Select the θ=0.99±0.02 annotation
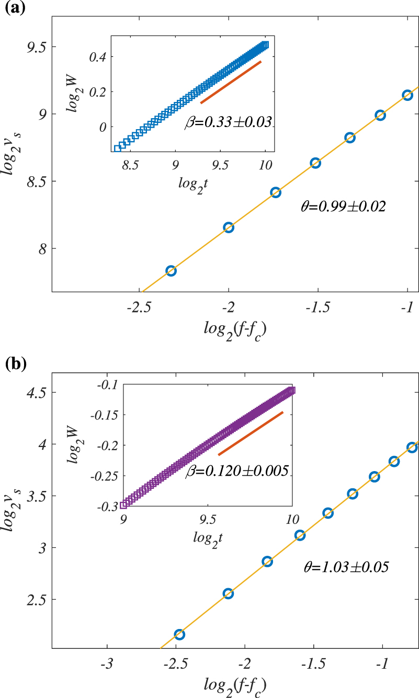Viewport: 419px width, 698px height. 343,207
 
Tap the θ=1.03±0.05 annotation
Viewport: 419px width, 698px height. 346,567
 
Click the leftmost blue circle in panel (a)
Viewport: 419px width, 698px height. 171,271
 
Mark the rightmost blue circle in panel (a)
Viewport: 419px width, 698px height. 407,95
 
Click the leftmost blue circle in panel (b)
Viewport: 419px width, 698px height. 179,635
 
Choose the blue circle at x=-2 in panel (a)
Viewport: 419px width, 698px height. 229,227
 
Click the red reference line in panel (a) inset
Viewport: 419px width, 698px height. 231,82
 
